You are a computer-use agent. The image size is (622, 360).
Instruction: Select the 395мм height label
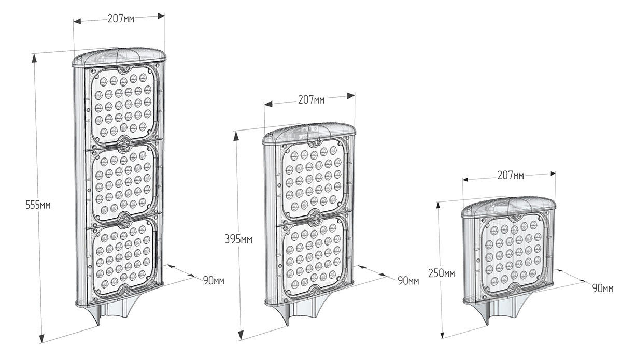click(x=238, y=239)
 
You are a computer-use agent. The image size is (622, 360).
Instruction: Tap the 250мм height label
click(x=442, y=273)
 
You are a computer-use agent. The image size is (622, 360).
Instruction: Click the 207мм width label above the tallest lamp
click(x=121, y=19)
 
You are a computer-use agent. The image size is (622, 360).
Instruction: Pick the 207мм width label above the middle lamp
click(x=312, y=99)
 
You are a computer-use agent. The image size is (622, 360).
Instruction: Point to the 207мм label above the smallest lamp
click(x=511, y=176)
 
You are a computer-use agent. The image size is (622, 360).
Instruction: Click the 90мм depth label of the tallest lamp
click(x=214, y=281)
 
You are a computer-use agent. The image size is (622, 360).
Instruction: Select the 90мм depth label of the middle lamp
click(x=408, y=281)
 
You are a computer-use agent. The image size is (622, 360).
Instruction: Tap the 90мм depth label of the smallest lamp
click(x=603, y=289)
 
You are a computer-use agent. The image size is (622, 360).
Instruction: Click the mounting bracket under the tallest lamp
click(x=114, y=314)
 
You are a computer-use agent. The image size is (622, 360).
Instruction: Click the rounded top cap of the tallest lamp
click(x=119, y=57)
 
